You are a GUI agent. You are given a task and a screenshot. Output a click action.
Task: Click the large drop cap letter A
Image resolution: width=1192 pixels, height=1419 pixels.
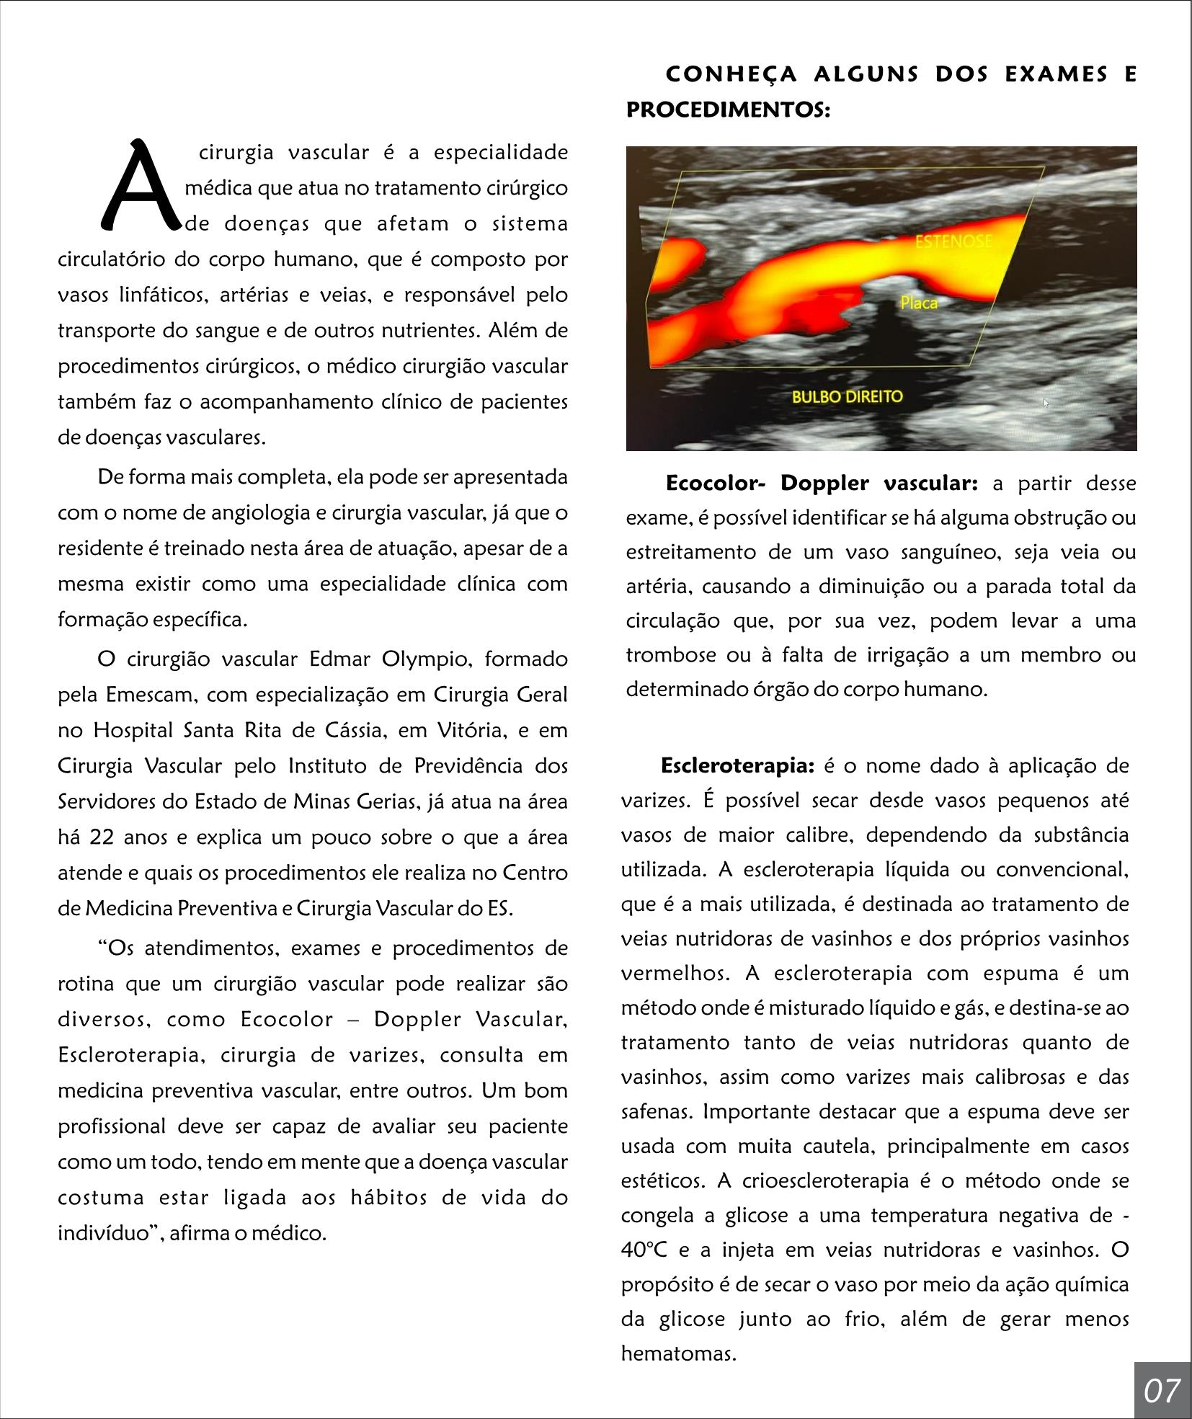click(x=140, y=185)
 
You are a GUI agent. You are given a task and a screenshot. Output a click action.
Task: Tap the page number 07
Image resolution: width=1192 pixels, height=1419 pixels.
click(x=1161, y=1390)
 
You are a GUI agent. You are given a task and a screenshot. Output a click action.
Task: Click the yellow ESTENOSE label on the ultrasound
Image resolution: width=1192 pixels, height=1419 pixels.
click(x=953, y=241)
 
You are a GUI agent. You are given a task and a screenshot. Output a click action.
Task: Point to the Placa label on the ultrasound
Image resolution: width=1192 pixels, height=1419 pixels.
click(x=919, y=303)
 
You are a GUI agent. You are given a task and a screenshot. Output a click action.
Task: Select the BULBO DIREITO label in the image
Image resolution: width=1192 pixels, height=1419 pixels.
click(x=847, y=396)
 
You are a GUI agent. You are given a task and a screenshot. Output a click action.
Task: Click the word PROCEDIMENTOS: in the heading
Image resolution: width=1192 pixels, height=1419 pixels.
click(x=728, y=110)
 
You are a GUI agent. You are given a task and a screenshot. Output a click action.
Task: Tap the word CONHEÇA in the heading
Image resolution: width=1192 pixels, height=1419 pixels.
click(x=731, y=74)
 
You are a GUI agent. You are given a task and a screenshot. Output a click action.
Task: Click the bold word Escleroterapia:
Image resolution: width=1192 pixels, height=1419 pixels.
click(x=737, y=765)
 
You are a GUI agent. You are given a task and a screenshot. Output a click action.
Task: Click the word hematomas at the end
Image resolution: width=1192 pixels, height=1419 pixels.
click(x=677, y=1353)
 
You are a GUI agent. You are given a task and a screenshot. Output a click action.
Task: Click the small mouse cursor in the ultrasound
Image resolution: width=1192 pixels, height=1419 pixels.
click(x=1046, y=403)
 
